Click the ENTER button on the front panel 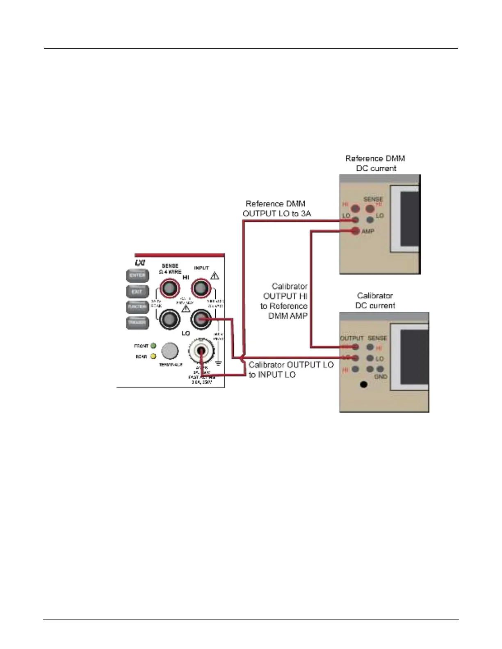click(x=137, y=276)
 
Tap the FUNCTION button click(x=137, y=307)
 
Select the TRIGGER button click(x=137, y=322)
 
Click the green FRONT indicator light click(x=153, y=346)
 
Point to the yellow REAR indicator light click(x=153, y=356)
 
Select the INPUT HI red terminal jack click(x=200, y=289)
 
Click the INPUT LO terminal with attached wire click(x=200, y=320)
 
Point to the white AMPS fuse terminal click(x=201, y=351)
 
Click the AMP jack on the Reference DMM click(x=355, y=231)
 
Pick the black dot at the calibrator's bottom click(x=363, y=384)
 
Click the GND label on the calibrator click(x=381, y=377)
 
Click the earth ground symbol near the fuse click(x=218, y=363)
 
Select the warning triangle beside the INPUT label click(x=214, y=276)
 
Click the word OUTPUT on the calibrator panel click(x=352, y=338)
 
